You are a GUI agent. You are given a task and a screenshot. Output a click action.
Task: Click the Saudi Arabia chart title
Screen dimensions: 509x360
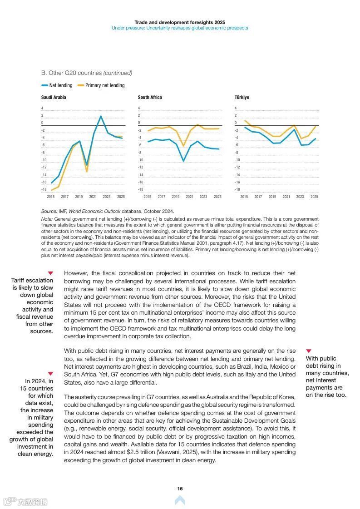tap(54, 97)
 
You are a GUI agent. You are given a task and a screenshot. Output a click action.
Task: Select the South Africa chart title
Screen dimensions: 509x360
tap(150, 97)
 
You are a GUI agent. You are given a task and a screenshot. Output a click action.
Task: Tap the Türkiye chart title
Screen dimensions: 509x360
tap(242, 97)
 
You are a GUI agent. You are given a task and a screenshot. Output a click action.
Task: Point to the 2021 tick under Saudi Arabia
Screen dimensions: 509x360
tap(93, 197)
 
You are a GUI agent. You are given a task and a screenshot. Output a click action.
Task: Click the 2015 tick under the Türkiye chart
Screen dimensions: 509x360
tap(244, 197)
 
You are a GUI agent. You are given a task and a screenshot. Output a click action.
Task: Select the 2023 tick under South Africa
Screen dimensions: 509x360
tap(203, 197)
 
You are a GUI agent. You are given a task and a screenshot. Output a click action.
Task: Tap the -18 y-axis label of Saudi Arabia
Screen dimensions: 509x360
tap(44, 189)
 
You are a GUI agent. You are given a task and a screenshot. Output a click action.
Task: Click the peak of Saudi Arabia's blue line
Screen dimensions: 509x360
tap(101, 116)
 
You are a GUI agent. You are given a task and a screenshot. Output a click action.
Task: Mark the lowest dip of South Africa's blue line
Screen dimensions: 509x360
tap(183, 161)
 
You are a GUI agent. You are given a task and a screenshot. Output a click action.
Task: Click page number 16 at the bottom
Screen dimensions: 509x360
tap(180, 489)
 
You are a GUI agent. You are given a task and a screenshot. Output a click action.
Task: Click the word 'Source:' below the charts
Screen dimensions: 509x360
tap(49, 211)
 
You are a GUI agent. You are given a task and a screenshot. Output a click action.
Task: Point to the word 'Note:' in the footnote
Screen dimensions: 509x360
tap(47, 219)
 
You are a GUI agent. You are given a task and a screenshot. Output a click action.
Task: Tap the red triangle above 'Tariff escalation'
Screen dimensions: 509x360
tap(50, 273)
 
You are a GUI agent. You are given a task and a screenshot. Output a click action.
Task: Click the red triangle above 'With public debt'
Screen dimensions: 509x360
tap(309, 351)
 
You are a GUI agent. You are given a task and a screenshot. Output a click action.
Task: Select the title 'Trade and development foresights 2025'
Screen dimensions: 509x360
tap(180, 22)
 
